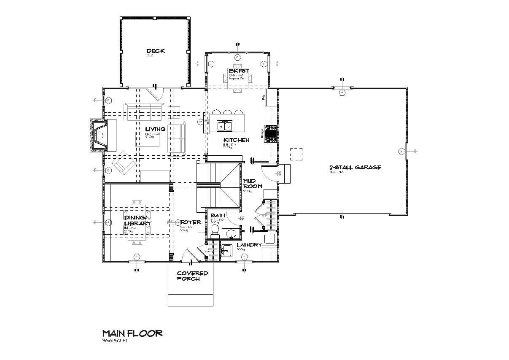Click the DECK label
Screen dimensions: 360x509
click(156, 51)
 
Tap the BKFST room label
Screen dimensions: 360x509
click(239, 70)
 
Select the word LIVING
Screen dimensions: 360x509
click(155, 129)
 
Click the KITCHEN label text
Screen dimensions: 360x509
click(236, 140)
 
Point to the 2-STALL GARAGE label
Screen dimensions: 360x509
click(355, 167)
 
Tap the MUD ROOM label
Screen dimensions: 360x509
click(253, 184)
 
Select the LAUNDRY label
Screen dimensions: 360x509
click(249, 245)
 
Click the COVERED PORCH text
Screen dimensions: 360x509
click(191, 276)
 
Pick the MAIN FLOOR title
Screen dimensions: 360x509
click(132, 333)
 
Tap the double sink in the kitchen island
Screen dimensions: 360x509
click(225, 126)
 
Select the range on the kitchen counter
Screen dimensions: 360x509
click(270, 133)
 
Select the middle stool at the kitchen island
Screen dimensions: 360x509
click(228, 112)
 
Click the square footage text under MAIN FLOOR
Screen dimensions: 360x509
click(114, 341)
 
